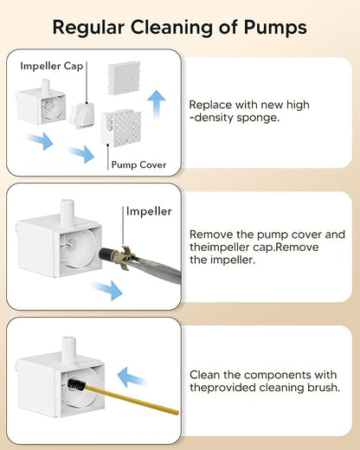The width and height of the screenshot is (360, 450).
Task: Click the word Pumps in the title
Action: [275, 28]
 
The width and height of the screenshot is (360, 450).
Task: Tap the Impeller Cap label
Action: [52, 66]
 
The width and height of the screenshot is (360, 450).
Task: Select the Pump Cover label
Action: [138, 165]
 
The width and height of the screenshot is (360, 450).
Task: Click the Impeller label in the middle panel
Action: [149, 211]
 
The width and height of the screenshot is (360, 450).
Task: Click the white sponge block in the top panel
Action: [124, 77]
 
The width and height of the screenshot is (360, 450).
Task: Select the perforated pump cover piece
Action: [121, 127]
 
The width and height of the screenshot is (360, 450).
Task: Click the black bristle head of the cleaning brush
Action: [77, 385]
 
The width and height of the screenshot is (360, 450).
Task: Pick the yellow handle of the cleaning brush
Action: [132, 401]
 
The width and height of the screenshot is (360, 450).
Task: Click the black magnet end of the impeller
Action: [106, 254]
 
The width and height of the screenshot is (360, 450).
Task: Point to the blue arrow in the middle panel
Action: [107, 290]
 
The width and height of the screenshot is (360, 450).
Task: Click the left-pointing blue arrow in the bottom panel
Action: [132, 377]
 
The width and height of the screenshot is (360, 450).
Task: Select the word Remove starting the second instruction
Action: [211, 235]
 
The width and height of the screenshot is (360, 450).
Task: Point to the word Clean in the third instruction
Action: [204, 375]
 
